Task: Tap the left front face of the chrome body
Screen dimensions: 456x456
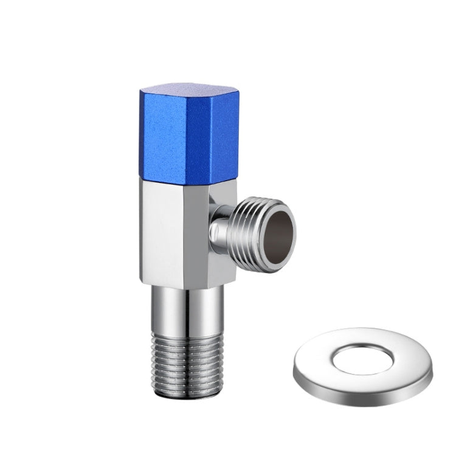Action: coord(164,231)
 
